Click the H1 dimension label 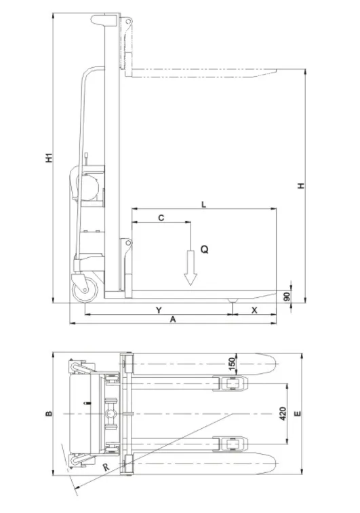[x=49, y=157]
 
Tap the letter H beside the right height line [x=301, y=185]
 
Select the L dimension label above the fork [x=203, y=205]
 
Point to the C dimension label [x=161, y=218]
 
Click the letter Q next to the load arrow [x=204, y=250]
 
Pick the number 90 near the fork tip [x=287, y=297]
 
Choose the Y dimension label [x=159, y=310]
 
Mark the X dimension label [x=254, y=310]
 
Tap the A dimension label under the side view [x=173, y=320]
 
